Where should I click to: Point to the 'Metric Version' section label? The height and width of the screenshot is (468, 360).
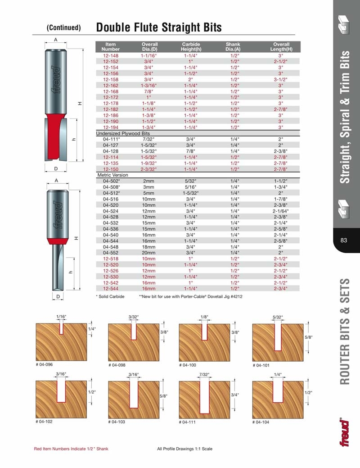coord(113,175)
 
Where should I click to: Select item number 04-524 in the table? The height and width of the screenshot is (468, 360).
coord(111,210)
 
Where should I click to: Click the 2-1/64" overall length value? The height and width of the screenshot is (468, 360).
coord(281,210)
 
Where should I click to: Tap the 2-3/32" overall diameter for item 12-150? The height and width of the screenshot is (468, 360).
coord(149,169)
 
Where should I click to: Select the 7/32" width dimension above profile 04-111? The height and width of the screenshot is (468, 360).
coord(205,374)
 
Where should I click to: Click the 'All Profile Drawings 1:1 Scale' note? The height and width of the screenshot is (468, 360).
coord(184,449)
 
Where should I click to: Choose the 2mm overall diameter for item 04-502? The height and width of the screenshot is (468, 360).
coord(149,181)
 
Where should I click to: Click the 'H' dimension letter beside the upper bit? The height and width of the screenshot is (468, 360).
coord(80,104)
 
